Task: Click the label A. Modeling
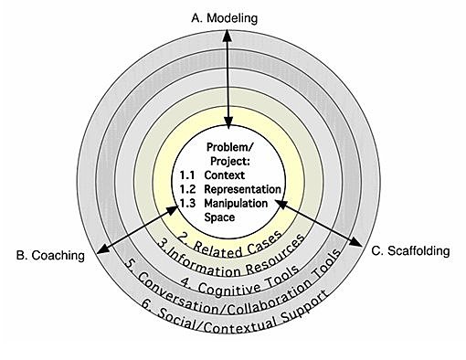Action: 224,17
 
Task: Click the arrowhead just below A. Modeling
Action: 224,37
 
